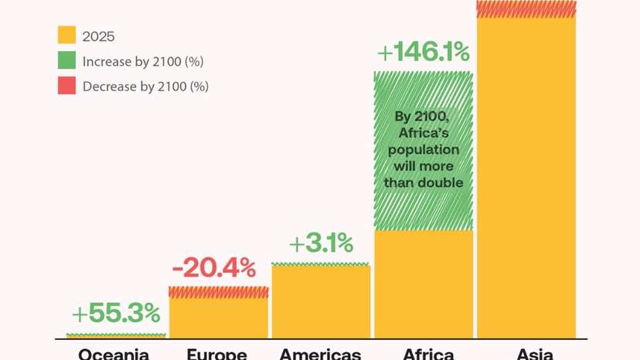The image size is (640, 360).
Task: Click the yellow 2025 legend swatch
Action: pos(66,36)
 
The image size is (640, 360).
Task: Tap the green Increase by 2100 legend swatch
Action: pos(66,61)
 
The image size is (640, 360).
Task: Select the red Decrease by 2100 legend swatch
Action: pos(66,86)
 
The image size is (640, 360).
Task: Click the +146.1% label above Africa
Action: pos(423,53)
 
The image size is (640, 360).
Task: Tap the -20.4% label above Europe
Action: pos(213,269)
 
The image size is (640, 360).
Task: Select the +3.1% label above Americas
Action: pos(321,244)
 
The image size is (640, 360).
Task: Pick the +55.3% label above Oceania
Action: pos(116,314)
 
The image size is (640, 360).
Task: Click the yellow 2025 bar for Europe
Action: pos(219,318)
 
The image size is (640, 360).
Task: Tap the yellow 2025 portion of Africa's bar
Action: pos(423,284)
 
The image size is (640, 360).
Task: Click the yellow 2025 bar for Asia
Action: pos(526,178)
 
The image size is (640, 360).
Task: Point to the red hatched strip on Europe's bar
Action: pos(219,292)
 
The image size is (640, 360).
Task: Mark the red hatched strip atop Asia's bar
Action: pos(526,8)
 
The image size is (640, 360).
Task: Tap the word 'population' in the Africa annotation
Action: pos(423,149)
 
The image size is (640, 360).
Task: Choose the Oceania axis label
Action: pos(114,355)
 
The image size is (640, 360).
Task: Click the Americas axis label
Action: pos(320,355)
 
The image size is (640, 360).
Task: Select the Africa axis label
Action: pos(428,355)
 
